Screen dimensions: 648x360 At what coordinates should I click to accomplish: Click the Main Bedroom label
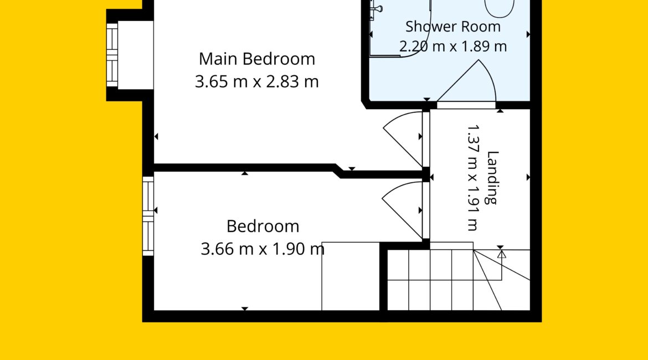[x=256, y=59]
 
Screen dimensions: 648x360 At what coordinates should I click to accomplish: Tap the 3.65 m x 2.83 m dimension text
[x=256, y=81]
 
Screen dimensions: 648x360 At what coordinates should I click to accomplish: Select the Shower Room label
[x=453, y=27]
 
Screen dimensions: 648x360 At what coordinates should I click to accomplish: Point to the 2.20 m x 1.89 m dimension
[x=453, y=46]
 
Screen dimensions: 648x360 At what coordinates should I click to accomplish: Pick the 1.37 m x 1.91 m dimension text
[x=472, y=177]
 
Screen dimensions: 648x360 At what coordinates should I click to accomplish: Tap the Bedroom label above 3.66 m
[x=263, y=226]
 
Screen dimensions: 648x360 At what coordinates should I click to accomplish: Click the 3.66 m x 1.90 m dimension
[x=263, y=249]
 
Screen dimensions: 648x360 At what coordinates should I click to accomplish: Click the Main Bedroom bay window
[x=112, y=55]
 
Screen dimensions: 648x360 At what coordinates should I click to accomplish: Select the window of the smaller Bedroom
[x=148, y=216]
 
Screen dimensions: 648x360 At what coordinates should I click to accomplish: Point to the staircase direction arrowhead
[x=501, y=254]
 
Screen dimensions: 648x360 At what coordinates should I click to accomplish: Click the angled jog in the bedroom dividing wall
[x=338, y=171]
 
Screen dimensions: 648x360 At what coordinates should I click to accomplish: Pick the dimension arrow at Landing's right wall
[x=528, y=177]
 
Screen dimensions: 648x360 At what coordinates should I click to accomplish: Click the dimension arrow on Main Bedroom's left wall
[x=156, y=136]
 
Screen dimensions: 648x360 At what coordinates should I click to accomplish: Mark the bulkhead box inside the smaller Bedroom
[x=351, y=276]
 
